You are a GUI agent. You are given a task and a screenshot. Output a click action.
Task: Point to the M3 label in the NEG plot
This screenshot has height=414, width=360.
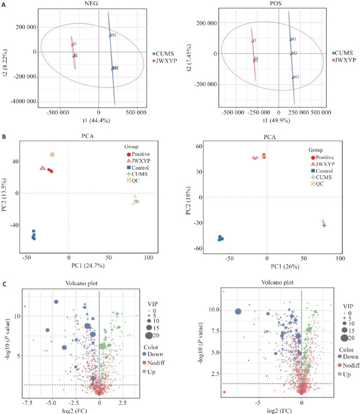pos(114,36)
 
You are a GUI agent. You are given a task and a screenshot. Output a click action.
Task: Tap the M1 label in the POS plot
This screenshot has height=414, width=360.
pos(294,40)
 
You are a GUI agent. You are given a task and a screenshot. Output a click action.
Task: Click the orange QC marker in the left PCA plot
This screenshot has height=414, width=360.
pos(52,155)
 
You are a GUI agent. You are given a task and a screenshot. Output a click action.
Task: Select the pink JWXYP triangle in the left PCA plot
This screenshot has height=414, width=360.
pos(42,168)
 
